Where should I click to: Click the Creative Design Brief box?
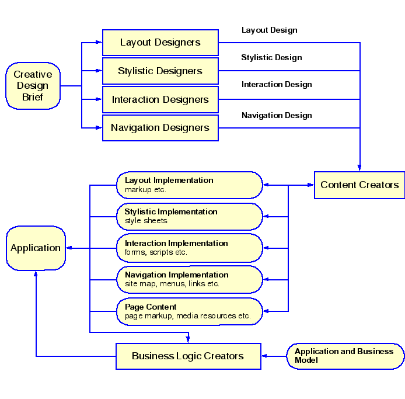tap(33, 86)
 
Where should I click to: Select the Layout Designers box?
tap(160, 43)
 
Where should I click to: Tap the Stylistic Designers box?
tap(160, 71)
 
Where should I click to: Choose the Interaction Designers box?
tap(160, 100)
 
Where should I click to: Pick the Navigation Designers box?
tap(160, 128)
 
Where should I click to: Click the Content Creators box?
tap(359, 185)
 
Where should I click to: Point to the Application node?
tap(36, 248)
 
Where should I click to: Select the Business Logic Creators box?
tap(188, 356)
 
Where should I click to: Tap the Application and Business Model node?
tap(345, 356)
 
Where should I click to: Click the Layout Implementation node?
tap(190, 185)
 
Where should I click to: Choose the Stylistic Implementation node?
tap(190, 217)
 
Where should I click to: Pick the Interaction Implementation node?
tap(190, 248)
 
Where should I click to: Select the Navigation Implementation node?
tap(190, 280)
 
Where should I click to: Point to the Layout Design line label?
tap(269, 30)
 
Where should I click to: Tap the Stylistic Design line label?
tap(271, 58)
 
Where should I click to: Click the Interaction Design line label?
tap(277, 85)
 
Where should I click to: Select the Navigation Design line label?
tap(277, 116)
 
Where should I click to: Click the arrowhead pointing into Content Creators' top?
tap(359, 167)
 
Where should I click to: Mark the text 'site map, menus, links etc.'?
tap(172, 284)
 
